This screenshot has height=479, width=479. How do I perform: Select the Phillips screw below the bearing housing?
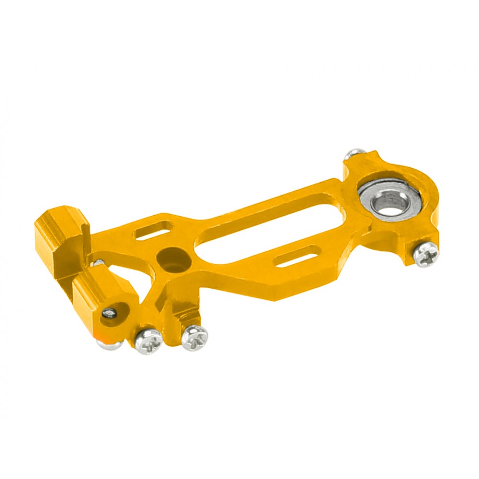coord(426,254)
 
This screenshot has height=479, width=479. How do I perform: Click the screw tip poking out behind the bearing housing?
coord(354,154)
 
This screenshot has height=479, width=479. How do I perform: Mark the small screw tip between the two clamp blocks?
coord(99,262)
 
